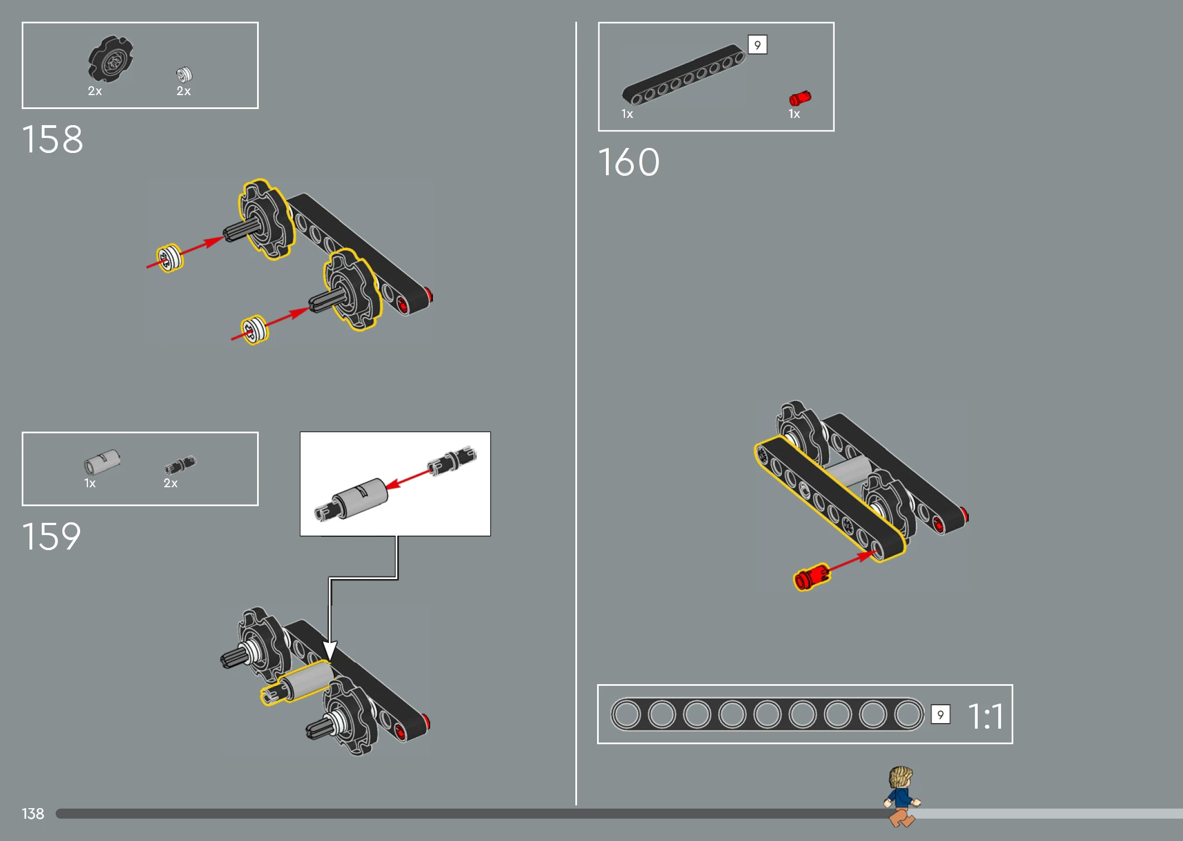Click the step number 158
(x=52, y=139)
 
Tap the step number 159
(x=52, y=536)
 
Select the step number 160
(x=629, y=162)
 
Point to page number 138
(x=33, y=814)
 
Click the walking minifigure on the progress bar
(x=901, y=797)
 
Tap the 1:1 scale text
(x=985, y=716)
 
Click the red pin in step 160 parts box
(x=800, y=98)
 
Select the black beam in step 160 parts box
(x=683, y=74)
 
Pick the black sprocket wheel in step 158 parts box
(x=110, y=59)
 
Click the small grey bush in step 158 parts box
(x=184, y=74)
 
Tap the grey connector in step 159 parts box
(x=102, y=461)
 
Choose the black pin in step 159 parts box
(x=180, y=464)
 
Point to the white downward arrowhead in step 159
(x=330, y=651)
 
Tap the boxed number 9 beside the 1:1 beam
(x=940, y=715)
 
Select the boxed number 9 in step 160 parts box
(x=757, y=44)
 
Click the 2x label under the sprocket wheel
(x=95, y=91)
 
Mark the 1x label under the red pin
(x=794, y=114)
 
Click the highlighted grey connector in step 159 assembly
(x=298, y=683)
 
